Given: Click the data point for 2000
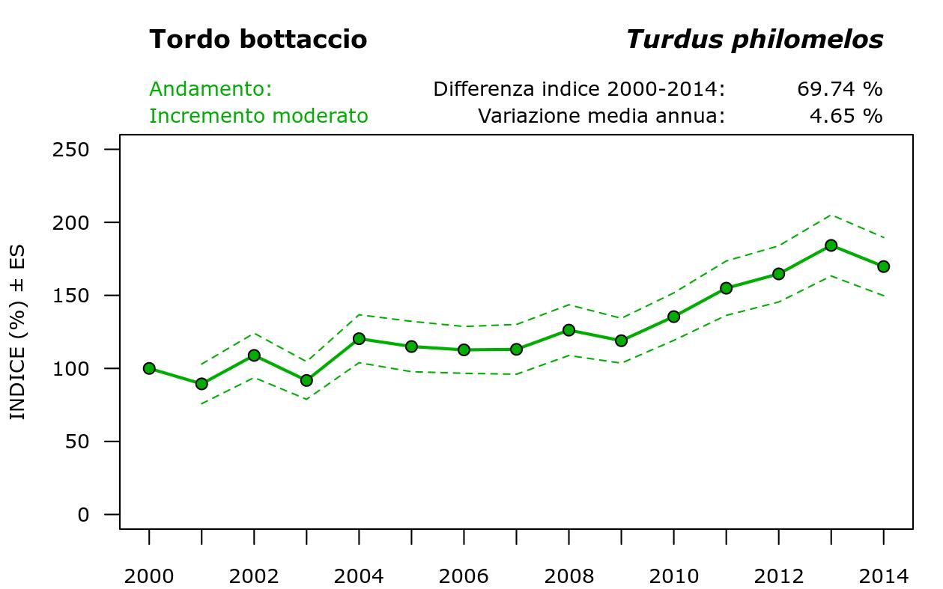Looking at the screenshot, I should (149, 368).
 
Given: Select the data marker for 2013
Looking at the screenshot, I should (831, 245).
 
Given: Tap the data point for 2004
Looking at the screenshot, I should (359, 339).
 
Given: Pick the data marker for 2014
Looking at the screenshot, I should (883, 266).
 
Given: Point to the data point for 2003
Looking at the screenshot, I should (306, 380).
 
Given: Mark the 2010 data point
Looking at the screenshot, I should (673, 317).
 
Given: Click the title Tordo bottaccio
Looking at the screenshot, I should (258, 40).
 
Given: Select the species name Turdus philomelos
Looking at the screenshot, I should (754, 40).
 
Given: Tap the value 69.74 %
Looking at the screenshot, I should (840, 89).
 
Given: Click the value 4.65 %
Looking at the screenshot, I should (846, 116).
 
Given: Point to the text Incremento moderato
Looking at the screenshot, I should (258, 116).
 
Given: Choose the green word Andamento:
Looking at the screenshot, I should (210, 89).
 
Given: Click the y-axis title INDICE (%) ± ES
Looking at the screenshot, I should (17, 332).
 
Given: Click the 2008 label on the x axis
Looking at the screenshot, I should (569, 576).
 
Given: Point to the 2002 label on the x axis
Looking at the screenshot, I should (254, 576).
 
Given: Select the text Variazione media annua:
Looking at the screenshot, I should (601, 116).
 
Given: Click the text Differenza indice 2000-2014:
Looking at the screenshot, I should (579, 89).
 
